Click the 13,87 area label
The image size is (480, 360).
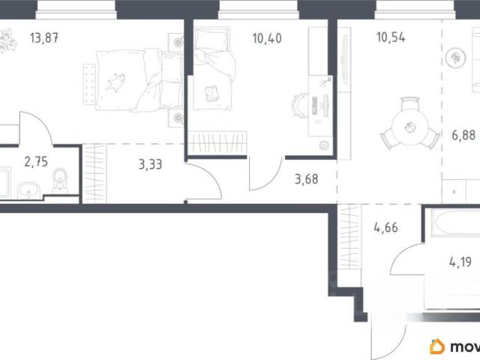(x=44, y=38)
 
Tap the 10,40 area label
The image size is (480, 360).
(x=267, y=38)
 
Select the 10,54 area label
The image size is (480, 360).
(x=391, y=37)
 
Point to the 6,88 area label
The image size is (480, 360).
(x=463, y=135)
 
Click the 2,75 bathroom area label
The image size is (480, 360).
(x=36, y=162)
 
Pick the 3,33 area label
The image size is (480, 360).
(x=150, y=164)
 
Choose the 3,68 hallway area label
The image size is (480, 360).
(x=307, y=179)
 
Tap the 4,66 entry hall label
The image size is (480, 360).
(x=385, y=227)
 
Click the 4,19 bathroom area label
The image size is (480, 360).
(x=460, y=262)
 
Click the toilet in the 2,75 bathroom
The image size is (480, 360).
(x=60, y=180)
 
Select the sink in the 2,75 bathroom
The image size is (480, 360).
(x=28, y=190)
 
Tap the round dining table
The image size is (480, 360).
(x=410, y=127)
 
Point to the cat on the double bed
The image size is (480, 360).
(x=115, y=82)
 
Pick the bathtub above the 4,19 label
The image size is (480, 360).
(x=455, y=223)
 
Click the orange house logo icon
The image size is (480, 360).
(x=437, y=346)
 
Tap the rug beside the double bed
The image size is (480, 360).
(x=90, y=85)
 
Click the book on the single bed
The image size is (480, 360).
(x=211, y=93)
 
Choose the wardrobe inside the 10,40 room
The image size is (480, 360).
(x=217, y=143)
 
